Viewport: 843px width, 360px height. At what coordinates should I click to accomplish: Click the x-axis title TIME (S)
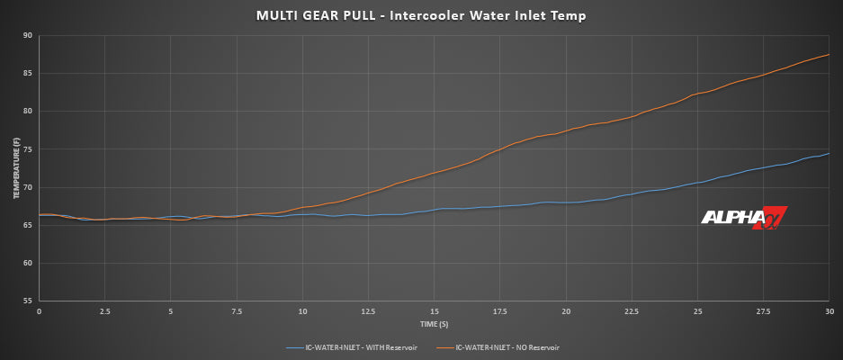[x=434, y=323]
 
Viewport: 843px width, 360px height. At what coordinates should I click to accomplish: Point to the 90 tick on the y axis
[x=27, y=36]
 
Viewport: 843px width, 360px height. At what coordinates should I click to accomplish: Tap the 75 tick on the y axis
[x=27, y=149]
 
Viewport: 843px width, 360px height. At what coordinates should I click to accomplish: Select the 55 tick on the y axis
[x=27, y=301]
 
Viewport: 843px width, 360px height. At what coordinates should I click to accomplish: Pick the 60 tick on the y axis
[x=27, y=264]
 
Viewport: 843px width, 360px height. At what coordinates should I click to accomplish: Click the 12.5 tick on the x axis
[x=368, y=310]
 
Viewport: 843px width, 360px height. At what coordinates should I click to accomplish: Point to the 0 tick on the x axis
[x=39, y=310]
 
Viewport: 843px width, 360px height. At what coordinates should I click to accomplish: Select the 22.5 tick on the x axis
[x=632, y=310]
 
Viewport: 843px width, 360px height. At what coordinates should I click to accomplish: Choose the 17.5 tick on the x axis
[x=500, y=310]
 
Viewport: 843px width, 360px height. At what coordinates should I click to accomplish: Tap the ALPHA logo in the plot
[x=744, y=219]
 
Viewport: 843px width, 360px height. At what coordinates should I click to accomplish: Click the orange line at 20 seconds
[x=566, y=131]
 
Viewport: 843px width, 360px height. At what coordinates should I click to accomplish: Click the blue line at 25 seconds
[x=697, y=183]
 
